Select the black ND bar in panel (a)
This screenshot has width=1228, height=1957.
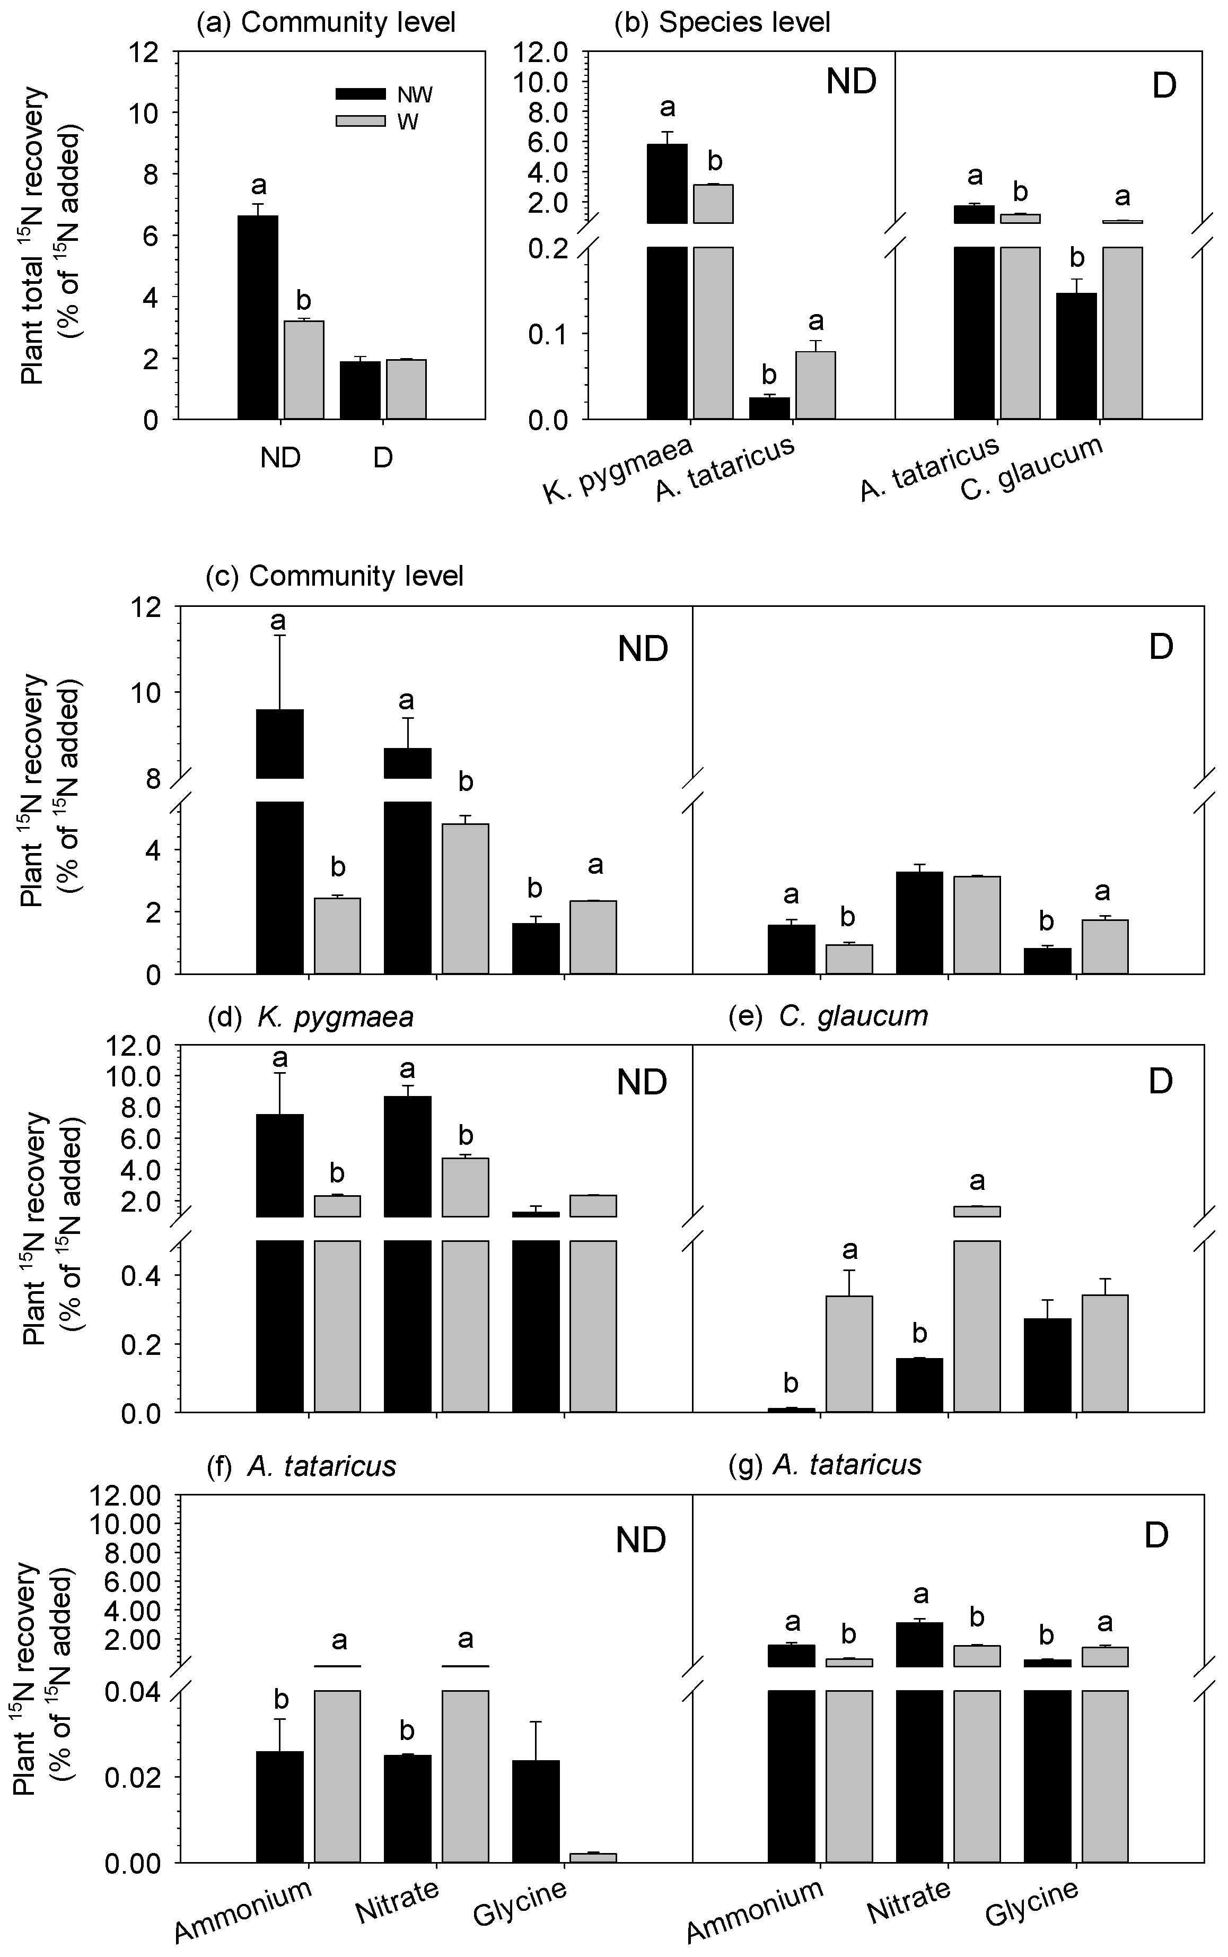pyautogui.click(x=258, y=317)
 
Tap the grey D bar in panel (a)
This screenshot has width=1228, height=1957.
pyautogui.click(x=406, y=389)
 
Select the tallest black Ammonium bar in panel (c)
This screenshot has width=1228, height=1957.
pyautogui.click(x=280, y=841)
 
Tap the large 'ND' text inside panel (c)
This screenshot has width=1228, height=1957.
pyautogui.click(x=643, y=649)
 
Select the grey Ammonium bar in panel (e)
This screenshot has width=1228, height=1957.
pyautogui.click(x=849, y=1353)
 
